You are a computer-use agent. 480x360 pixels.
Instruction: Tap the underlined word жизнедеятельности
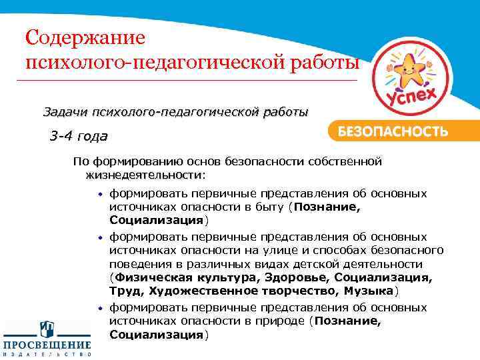(x=144, y=175)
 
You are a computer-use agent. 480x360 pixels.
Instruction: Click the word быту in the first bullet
(x=269, y=207)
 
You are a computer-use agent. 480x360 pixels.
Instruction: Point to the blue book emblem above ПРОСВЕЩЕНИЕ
(x=47, y=329)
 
